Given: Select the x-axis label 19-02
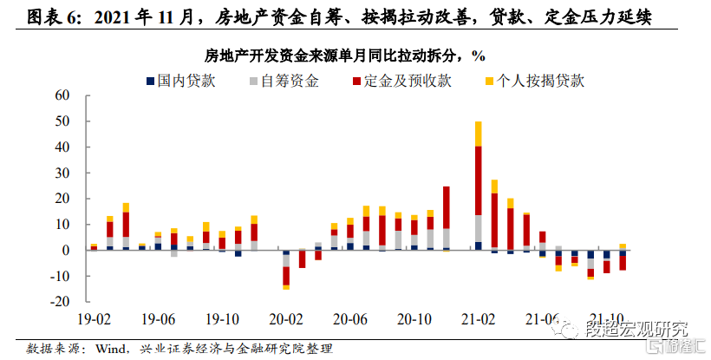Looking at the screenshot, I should (x=94, y=318).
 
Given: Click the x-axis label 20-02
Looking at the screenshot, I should (x=286, y=318).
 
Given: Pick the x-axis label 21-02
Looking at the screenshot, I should (x=478, y=318).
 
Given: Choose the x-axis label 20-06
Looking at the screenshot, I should (x=350, y=318).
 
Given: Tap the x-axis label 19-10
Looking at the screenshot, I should (x=221, y=318).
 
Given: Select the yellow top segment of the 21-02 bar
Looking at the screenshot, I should (x=478, y=134).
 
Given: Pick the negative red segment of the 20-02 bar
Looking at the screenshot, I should (x=286, y=276).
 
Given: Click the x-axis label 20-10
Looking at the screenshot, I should (x=414, y=318).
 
